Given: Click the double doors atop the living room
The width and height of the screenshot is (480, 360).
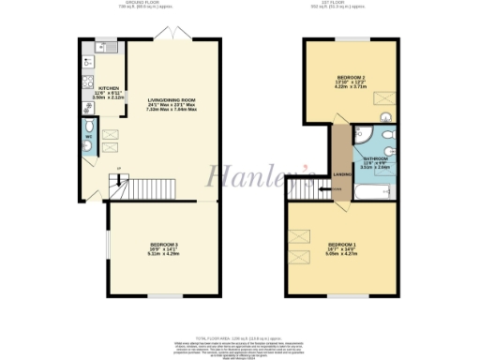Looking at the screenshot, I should [x=170, y=37].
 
